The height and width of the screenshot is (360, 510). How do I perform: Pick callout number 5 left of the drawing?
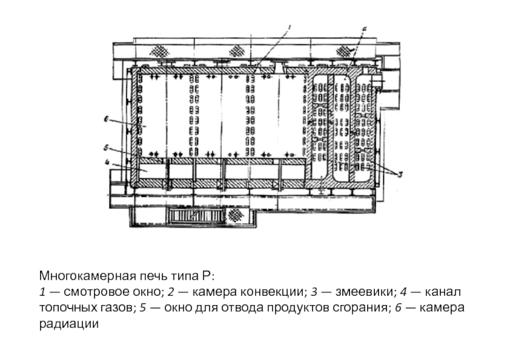(x=108, y=147)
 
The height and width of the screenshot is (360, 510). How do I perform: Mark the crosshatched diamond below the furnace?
(x=239, y=215)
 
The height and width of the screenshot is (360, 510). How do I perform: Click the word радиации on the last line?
(x=69, y=324)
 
